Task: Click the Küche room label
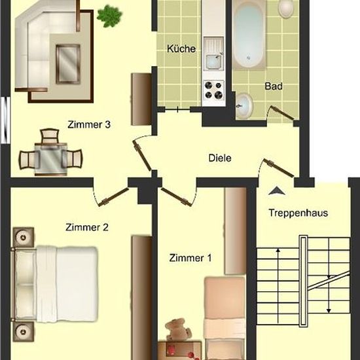(181, 48)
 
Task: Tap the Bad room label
(274, 86)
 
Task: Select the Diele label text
(220, 158)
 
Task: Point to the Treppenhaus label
(298, 213)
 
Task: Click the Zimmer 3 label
(89, 124)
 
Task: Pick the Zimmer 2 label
(87, 227)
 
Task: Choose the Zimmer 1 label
(190, 258)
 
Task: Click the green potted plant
(109, 16)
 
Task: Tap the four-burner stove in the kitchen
(214, 90)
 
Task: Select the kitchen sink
(214, 54)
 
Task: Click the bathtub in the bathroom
(249, 35)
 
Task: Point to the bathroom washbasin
(244, 106)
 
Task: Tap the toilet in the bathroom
(286, 8)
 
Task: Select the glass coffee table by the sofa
(68, 64)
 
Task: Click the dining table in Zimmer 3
(51, 159)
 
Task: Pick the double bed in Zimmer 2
(55, 284)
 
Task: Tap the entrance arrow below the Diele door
(277, 190)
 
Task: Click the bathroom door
(281, 113)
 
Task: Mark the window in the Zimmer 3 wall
(5, 120)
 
